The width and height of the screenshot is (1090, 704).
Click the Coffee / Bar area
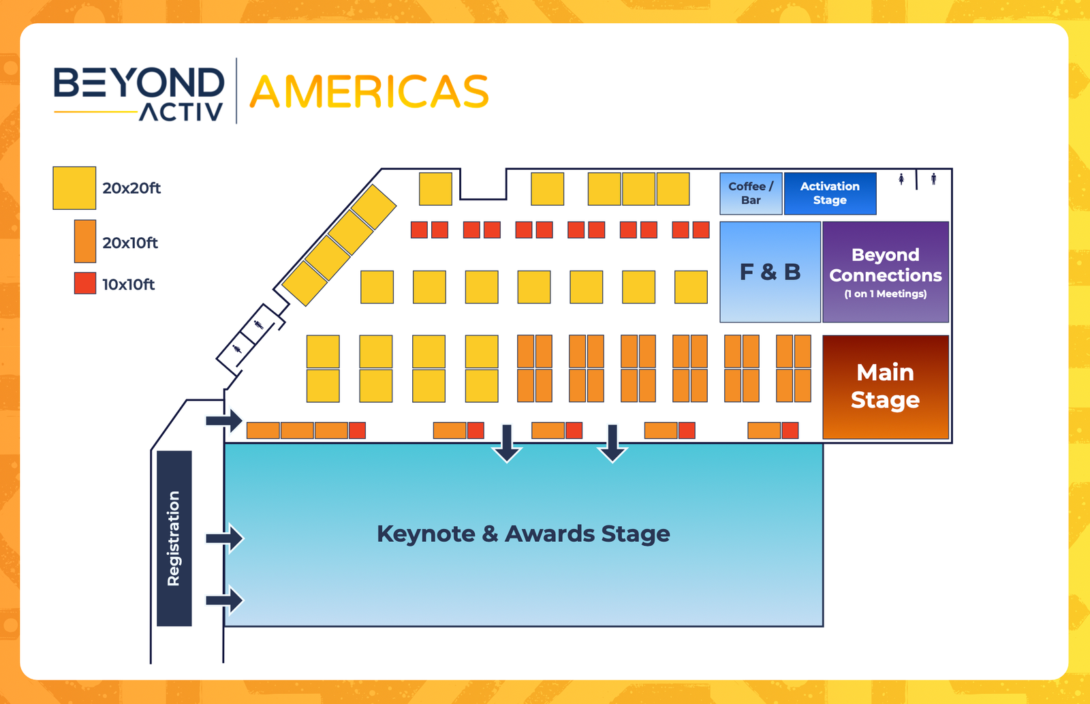click(751, 194)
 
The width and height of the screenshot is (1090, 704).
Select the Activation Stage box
click(830, 194)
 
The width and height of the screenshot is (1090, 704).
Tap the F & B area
click(770, 272)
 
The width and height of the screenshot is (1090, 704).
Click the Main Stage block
click(885, 386)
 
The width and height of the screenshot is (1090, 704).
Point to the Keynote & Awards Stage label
click(523, 534)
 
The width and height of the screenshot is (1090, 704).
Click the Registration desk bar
click(174, 538)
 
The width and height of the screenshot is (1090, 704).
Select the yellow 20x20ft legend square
click(74, 188)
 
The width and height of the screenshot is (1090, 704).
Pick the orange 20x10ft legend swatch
click(85, 241)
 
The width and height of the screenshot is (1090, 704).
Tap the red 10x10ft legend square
click(85, 284)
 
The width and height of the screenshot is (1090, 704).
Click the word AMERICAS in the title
click(369, 92)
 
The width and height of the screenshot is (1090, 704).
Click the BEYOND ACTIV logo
click(139, 93)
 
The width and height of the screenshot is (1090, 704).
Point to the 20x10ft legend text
click(130, 243)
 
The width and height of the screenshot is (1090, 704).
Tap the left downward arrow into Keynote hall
click(507, 443)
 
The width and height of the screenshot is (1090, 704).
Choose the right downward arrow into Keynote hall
click(612, 443)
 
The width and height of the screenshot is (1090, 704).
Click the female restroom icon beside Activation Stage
click(901, 179)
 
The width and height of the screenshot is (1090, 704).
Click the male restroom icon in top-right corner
click(933, 179)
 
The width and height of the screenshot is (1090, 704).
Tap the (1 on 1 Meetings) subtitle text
click(885, 294)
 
